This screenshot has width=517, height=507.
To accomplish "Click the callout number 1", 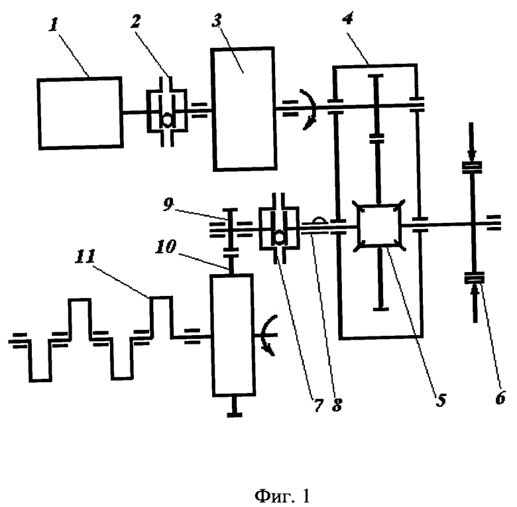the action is (x=53, y=25).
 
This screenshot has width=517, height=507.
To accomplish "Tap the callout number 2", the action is (x=135, y=21).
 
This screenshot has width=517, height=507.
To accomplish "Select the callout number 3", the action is (x=217, y=21).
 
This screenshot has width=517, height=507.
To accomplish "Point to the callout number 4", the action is (x=347, y=18).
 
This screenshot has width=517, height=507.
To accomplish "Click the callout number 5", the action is (x=441, y=399).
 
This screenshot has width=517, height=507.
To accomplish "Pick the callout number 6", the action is (x=500, y=398).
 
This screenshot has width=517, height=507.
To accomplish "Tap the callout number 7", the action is (x=318, y=405).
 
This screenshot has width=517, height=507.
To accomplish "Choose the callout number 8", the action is (x=337, y=405).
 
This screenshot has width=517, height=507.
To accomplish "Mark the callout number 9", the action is (x=168, y=204).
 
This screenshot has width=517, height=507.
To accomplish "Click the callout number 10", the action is (x=166, y=247).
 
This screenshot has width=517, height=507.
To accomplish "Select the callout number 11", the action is (x=85, y=256).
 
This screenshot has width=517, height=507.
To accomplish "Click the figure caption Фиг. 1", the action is (x=282, y=496).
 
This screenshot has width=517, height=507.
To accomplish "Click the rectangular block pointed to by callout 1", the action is (x=80, y=113).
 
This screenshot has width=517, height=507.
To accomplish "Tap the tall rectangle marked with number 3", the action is (x=244, y=109).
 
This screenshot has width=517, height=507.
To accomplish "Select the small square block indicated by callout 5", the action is (x=379, y=226).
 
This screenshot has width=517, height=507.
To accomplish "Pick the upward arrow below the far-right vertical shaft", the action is (x=475, y=303).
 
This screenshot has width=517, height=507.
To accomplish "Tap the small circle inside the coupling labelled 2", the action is (x=168, y=120).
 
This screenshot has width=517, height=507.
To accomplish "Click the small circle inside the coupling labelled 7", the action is (x=280, y=238).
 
